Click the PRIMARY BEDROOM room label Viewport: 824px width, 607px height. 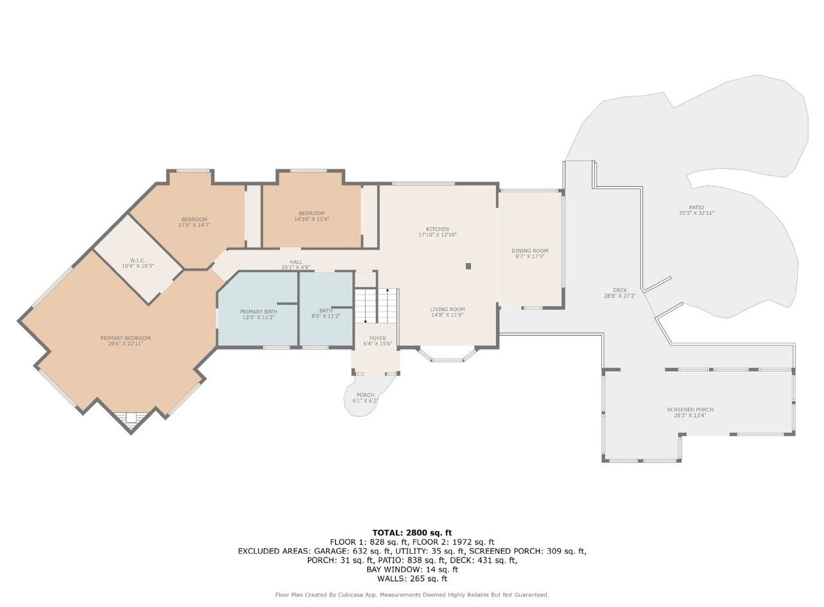(125, 338)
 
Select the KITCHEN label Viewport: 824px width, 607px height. (438, 229)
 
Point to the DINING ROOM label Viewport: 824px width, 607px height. (529, 251)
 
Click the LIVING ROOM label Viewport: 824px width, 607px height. (447, 309)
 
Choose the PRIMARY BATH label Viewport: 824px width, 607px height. (259, 312)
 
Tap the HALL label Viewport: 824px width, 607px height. (296, 262)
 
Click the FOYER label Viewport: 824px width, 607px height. (378, 338)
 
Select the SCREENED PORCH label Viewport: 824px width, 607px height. (691, 409)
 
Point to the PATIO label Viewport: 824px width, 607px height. (697, 207)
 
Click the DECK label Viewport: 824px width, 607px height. (620, 290)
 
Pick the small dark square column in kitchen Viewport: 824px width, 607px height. (468, 266)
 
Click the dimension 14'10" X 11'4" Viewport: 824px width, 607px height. (312, 219)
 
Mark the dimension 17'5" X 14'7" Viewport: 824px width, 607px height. (194, 225)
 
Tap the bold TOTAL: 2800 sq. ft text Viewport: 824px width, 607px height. (412, 533)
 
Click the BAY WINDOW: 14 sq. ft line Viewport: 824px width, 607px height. (412, 570)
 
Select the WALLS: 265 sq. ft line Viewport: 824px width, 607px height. (412, 579)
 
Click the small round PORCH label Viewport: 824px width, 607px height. (365, 395)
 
